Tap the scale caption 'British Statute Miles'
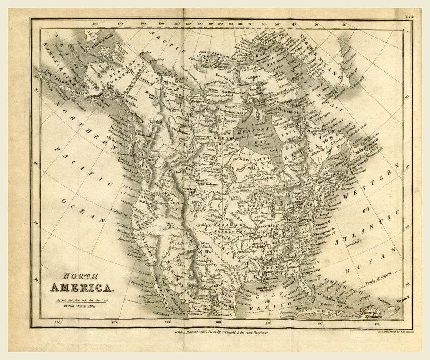[78, 307]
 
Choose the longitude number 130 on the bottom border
[58, 323]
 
